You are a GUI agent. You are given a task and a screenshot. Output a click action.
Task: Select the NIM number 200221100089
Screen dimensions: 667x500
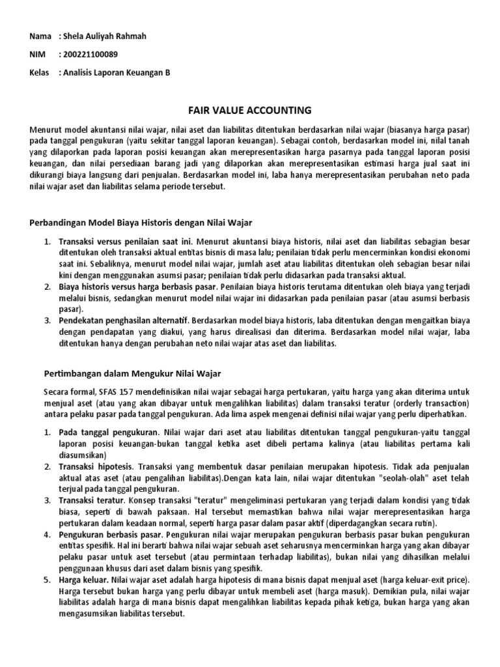90,54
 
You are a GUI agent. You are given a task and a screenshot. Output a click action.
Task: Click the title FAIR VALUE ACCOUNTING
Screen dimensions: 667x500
249,110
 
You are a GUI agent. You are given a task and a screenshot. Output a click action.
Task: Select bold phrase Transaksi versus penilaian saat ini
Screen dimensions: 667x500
125,242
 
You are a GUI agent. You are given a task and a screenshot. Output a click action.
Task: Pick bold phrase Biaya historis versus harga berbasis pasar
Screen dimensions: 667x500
137,287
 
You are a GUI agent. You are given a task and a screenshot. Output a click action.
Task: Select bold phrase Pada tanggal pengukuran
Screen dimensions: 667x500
109,432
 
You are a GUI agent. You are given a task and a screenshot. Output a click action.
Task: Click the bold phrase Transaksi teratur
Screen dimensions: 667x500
91,500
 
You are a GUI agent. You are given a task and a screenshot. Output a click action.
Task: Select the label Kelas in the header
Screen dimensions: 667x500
40,72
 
